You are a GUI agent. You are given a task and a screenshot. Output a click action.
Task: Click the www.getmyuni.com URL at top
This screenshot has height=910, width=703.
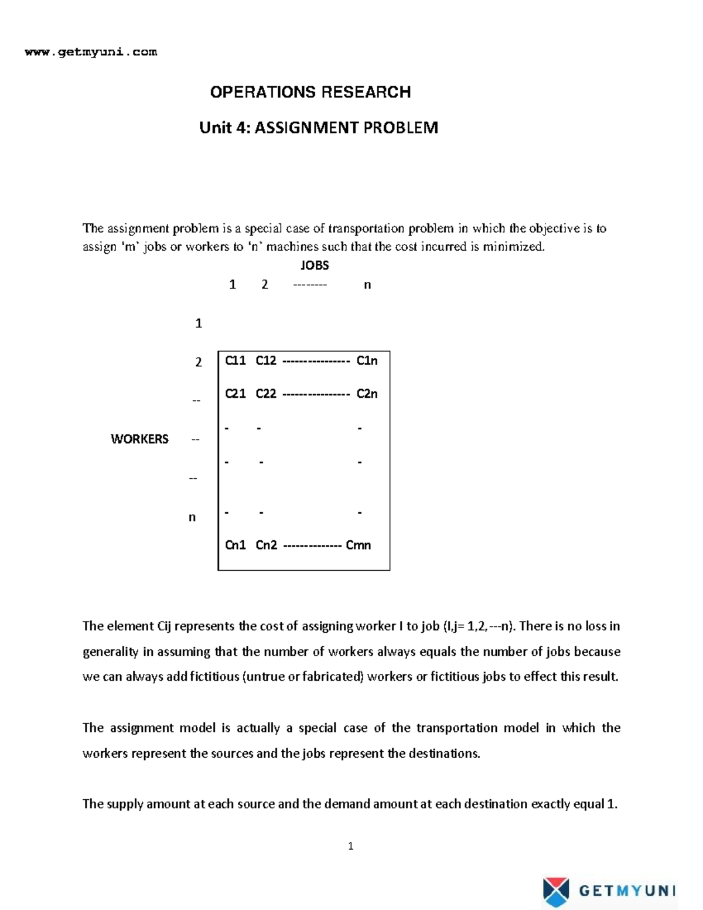coord(91,52)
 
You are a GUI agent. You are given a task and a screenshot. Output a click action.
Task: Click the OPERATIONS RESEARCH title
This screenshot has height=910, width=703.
coord(310,92)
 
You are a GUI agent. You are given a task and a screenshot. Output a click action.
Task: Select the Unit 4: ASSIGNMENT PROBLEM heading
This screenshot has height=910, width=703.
coord(319,128)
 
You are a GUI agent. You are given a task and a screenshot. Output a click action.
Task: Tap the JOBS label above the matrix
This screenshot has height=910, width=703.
coord(315,265)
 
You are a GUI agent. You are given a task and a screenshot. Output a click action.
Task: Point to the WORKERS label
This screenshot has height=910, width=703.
coord(139,439)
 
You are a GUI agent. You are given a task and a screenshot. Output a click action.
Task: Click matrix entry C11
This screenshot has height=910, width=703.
coord(236,361)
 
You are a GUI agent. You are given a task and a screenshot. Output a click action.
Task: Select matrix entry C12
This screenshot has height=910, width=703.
coord(266,361)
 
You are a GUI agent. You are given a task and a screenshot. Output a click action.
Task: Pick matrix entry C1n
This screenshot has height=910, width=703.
coord(367,361)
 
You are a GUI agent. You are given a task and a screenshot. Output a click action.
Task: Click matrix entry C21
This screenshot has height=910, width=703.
coord(236,394)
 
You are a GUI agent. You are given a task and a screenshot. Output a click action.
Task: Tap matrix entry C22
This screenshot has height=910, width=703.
coord(266,394)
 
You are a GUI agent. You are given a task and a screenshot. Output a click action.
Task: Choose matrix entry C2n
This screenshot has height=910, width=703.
coord(367,394)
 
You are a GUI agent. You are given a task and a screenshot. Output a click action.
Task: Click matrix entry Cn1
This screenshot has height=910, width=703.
coord(236,545)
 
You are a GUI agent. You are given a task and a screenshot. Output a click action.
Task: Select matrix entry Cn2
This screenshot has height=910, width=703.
coord(267,545)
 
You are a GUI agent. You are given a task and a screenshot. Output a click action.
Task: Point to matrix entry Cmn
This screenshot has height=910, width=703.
coord(359,545)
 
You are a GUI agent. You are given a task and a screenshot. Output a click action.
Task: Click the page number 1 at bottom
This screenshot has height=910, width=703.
coord(350,846)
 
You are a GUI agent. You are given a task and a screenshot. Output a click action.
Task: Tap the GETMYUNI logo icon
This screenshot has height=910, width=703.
coord(555,891)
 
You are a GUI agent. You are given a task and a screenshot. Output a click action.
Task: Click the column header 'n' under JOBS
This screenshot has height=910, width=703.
coord(367,285)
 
